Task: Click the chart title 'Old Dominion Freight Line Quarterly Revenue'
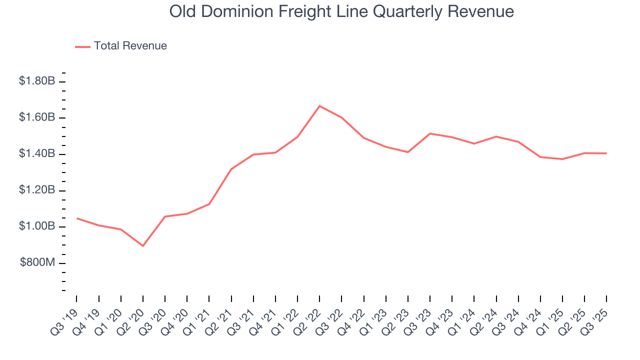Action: click(x=341, y=11)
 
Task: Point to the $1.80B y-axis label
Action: click(x=36, y=81)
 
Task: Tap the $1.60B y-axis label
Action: click(x=36, y=117)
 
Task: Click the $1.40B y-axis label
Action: click(x=36, y=154)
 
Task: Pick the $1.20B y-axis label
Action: click(x=36, y=190)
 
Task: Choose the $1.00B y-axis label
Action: click(x=36, y=227)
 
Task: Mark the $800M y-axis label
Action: click(x=37, y=263)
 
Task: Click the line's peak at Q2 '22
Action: click(x=319, y=106)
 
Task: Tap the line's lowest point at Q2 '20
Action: click(x=143, y=246)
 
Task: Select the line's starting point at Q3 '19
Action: click(x=77, y=218)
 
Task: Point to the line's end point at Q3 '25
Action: click(x=606, y=153)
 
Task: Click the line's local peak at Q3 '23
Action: click(x=430, y=133)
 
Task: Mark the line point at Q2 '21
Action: click(x=231, y=169)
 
